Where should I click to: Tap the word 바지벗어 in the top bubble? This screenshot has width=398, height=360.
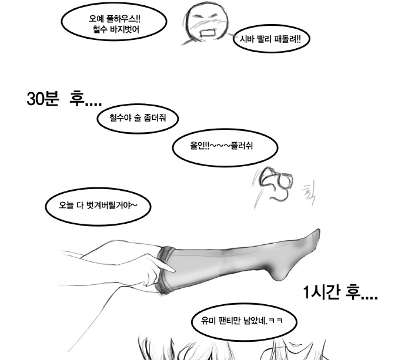click(125, 30)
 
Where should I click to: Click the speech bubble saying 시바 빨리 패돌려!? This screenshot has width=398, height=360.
click(272, 39)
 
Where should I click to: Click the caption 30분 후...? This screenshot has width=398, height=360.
click(64, 99)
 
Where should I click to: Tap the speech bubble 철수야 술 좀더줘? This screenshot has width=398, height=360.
click(138, 118)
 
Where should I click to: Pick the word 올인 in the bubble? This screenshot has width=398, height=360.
click(197, 146)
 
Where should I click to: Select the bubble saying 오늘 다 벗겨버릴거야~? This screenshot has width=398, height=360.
click(98, 206)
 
